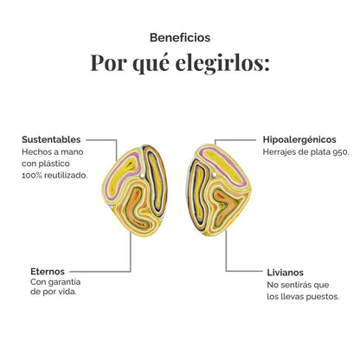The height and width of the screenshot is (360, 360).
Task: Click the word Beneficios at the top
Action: [180, 37]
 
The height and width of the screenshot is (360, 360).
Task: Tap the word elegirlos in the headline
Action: [222, 63]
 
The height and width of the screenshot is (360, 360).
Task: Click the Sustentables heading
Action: [51, 139]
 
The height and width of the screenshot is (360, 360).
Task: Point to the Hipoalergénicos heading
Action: [299, 140]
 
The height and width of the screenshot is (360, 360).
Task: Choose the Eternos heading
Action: [48, 272]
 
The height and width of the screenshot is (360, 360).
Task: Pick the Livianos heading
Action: [285, 273]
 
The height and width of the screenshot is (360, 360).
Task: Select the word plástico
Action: [55, 164]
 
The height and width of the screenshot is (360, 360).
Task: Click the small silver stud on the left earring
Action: [142, 175]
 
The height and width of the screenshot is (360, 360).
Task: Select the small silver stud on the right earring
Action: [214, 175]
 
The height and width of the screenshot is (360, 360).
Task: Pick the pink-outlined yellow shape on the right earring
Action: [223, 164]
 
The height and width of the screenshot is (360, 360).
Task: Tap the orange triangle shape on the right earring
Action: [228, 204]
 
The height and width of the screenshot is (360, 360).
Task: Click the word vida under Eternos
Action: [67, 292]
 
